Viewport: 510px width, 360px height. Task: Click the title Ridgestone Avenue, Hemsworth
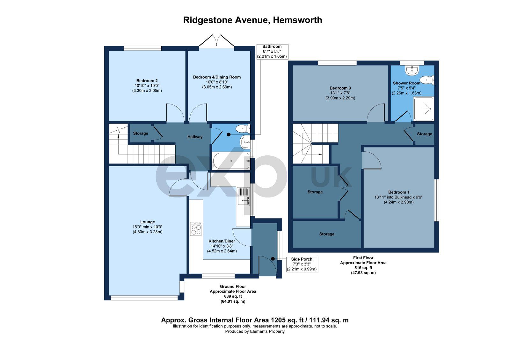252,20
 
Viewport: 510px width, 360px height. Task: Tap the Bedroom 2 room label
147,81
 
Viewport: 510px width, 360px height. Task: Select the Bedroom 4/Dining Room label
217,77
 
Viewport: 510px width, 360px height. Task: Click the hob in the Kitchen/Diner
196,229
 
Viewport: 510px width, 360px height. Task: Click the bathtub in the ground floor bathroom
231,161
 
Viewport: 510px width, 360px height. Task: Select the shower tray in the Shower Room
424,109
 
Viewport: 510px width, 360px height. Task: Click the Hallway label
195,137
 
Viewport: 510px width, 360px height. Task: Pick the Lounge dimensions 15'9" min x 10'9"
148,227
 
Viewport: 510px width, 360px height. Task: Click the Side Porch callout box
302,264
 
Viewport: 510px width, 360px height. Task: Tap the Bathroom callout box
272,52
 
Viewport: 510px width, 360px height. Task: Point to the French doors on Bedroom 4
217,41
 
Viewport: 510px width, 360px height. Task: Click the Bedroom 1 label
399,192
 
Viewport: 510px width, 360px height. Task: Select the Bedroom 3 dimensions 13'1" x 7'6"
340,93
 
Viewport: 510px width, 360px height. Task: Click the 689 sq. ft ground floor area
233,296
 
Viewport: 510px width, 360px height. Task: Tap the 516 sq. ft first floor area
363,268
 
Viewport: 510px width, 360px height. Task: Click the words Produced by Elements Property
255,331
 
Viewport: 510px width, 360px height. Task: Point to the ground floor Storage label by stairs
141,133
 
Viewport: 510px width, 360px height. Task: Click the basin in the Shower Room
412,70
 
